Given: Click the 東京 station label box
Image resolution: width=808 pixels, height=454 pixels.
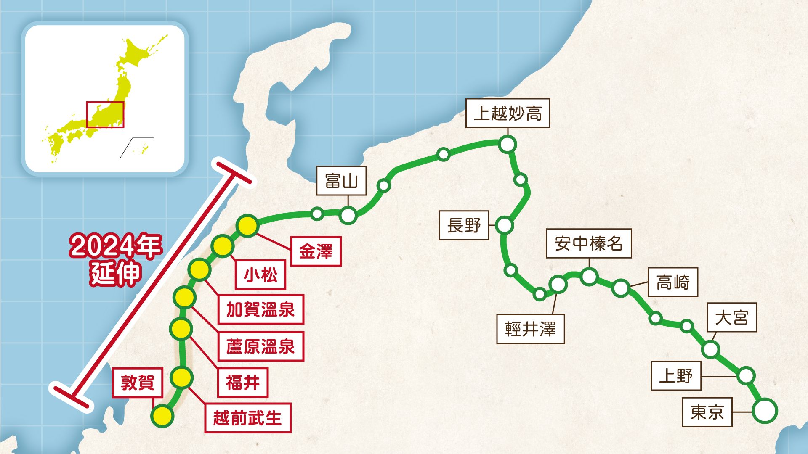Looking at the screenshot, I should pyautogui.click(x=707, y=412).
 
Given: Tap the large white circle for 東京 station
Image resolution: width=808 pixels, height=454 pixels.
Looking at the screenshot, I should pyautogui.click(x=765, y=411).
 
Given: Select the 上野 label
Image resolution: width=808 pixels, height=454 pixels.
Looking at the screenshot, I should pyautogui.click(x=676, y=376).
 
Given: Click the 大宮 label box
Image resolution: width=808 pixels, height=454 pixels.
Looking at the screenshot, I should pyautogui.click(x=732, y=317).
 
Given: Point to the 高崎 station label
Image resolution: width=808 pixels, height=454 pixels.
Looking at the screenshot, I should pyautogui.click(x=673, y=282).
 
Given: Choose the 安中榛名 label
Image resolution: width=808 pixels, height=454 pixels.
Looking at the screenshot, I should pyautogui.click(x=589, y=243).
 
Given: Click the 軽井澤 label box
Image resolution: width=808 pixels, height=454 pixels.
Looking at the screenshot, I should pyautogui.click(x=530, y=329).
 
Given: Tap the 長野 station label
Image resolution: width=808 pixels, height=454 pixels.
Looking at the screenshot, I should pyautogui.click(x=464, y=225).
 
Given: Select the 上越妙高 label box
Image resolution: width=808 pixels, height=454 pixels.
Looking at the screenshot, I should pyautogui.click(x=508, y=113).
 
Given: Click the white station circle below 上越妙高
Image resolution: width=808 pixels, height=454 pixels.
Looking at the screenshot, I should pyautogui.click(x=508, y=144).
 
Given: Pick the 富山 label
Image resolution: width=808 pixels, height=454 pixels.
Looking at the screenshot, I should pyautogui.click(x=341, y=181).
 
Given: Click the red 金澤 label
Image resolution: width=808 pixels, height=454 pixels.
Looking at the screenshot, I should pyautogui.click(x=316, y=251).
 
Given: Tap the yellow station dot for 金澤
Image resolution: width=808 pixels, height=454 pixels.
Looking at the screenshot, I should pyautogui.click(x=247, y=226).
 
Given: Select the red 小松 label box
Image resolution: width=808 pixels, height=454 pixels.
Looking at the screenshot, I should pyautogui.click(x=260, y=275).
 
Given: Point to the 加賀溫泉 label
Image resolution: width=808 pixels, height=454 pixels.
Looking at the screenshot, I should pyautogui.click(x=260, y=309).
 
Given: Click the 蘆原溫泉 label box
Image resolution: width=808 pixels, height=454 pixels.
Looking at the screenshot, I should pyautogui.click(x=260, y=346).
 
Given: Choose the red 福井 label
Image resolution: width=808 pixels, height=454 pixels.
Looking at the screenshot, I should pyautogui.click(x=243, y=383).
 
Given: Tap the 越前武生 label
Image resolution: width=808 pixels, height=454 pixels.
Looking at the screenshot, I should pyautogui.click(x=247, y=418).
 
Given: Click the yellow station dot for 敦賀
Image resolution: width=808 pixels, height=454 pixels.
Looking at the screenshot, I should pyautogui.click(x=162, y=416).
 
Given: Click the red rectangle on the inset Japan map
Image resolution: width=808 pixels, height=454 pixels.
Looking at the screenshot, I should pyautogui.click(x=105, y=114).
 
